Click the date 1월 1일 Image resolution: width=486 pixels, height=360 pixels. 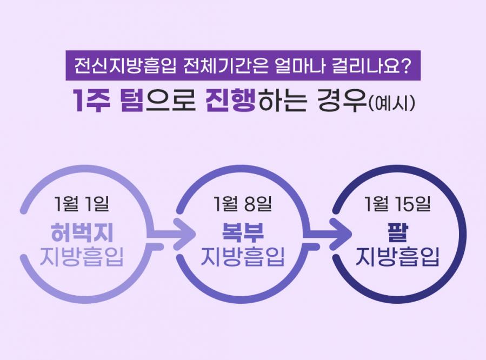tap(81, 204)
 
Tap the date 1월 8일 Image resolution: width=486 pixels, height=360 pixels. tap(242, 204)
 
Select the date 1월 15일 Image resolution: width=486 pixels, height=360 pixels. tap(397, 204)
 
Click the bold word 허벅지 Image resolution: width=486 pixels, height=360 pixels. tap(82, 232)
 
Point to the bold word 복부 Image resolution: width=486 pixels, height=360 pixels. tap(243, 232)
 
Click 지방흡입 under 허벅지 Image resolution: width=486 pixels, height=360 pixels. tap(82, 257)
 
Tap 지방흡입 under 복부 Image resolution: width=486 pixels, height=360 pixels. tap(243, 257)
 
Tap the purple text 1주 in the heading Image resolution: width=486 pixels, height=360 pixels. tap(92, 99)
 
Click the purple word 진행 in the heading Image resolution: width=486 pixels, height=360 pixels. tap(230, 99)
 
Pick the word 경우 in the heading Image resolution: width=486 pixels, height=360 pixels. tap(342, 100)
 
